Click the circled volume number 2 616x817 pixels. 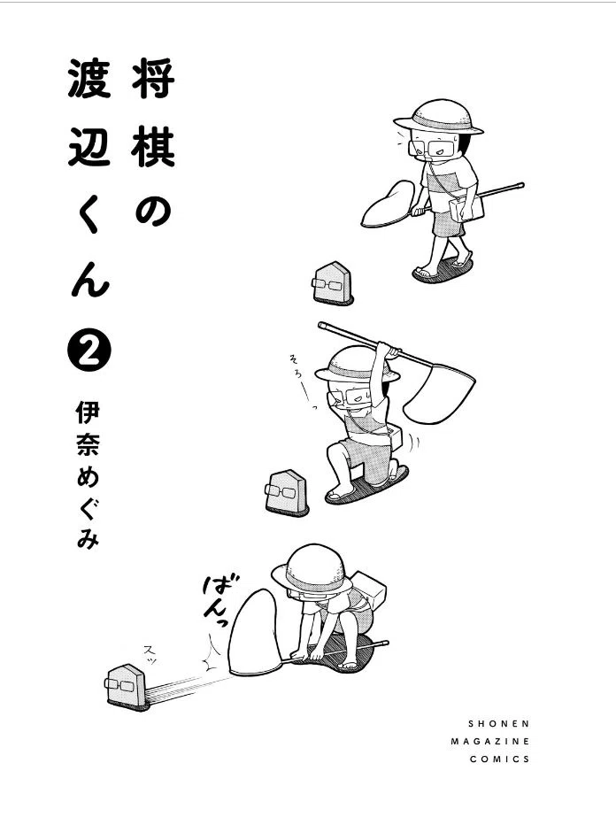89,349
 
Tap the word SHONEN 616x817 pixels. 499,724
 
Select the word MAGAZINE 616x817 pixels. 490,742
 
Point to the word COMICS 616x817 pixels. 500,759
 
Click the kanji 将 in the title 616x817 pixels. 153,78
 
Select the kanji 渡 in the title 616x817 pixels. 89,78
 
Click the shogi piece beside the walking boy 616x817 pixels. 332,283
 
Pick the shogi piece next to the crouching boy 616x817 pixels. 287,493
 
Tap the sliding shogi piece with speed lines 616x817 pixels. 127,687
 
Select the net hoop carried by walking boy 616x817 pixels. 389,204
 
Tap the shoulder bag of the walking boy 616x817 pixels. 466,208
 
